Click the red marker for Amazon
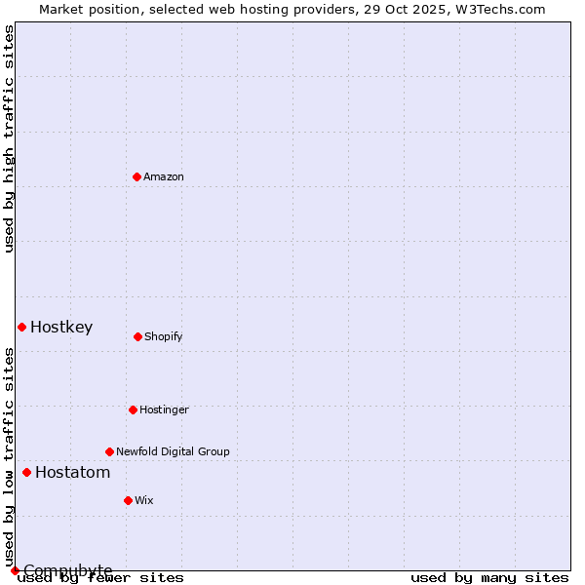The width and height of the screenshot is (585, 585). (x=136, y=176)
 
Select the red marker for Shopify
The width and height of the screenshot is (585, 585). (x=137, y=336)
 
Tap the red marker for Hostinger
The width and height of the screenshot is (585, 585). (x=133, y=409)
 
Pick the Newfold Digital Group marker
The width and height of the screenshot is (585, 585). (x=109, y=451)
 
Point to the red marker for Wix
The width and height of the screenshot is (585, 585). (x=128, y=500)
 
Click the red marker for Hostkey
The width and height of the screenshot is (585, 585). (x=21, y=327)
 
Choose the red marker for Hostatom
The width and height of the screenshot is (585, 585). (x=26, y=472)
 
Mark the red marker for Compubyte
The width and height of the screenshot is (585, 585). (x=15, y=570)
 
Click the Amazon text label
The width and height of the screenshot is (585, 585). (x=164, y=176)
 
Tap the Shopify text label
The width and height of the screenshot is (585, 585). (x=164, y=336)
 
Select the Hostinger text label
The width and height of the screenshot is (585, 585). (x=164, y=409)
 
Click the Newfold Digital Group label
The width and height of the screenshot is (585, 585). (x=173, y=451)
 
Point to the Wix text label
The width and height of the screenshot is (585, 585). (x=144, y=500)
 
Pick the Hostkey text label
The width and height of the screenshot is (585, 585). (x=61, y=327)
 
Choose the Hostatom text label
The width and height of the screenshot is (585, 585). (x=72, y=472)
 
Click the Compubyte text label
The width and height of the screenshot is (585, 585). (x=68, y=570)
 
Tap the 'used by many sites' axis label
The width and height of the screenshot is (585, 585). (x=489, y=577)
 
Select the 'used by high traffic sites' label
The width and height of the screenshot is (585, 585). (x=9, y=138)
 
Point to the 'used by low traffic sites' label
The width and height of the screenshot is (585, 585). (x=9, y=456)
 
